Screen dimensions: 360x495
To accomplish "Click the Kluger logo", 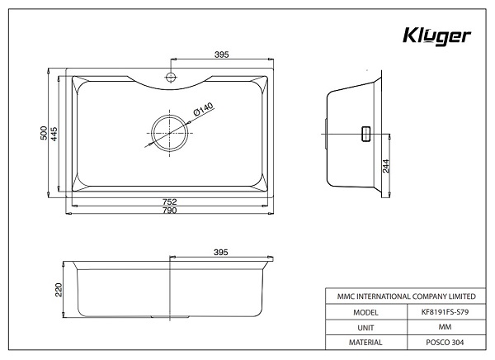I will coord(436,37).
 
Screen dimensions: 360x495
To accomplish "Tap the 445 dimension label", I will coord(54,134).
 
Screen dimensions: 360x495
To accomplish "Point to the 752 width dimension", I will coord(169,201).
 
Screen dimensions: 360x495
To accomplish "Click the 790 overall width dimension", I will coord(169,211).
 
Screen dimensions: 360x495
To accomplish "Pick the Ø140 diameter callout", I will coord(203,107).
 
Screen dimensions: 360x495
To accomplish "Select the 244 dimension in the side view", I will coord(385,166).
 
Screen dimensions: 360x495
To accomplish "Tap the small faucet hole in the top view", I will coord(169,78).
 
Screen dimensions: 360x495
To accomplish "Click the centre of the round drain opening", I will coord(169,130).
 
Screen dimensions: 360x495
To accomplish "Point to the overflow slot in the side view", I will coord(364,134).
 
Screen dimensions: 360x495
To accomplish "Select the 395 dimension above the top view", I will coord(221,54).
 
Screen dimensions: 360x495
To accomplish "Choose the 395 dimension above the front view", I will coord(221,251).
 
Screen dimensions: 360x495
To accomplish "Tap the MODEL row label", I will coord(365,313).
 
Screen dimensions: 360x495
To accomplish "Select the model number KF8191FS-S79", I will coord(445,313).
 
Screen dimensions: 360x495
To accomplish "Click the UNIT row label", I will coord(365,328).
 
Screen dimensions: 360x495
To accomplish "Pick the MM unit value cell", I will coord(445,328).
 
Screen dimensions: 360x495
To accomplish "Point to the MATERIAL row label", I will coord(365,342).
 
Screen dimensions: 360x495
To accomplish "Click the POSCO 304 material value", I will coord(445,342).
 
